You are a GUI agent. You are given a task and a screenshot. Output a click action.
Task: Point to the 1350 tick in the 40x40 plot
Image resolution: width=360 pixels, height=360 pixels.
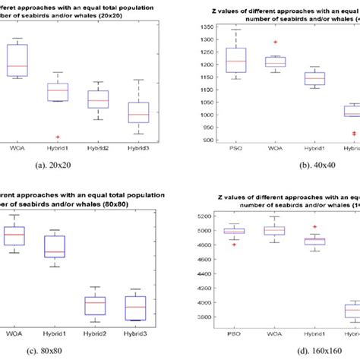pyautogui.click(x=194, y=27)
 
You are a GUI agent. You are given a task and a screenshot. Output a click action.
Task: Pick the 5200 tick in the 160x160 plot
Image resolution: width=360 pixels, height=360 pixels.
pyautogui.click(x=194, y=195)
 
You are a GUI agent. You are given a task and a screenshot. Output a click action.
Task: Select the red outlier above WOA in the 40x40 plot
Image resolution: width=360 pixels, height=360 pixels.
pyautogui.click(x=275, y=43)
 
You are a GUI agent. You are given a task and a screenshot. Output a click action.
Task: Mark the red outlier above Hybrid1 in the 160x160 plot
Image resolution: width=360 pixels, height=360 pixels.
pyautogui.click(x=314, y=206)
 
